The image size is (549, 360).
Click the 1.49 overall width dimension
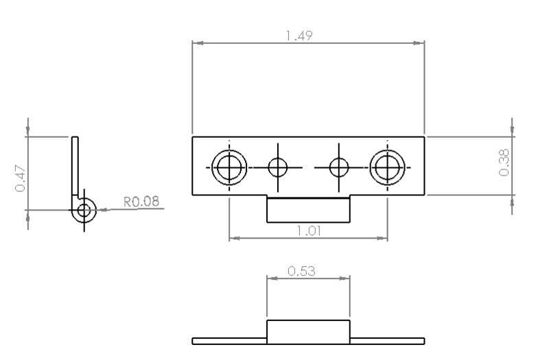(x=299, y=36)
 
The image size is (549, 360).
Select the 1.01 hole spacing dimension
(x=309, y=230)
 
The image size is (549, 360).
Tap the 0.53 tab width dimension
(x=301, y=271)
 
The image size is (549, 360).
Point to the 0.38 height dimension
(x=504, y=163)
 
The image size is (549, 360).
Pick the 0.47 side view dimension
(x=21, y=179)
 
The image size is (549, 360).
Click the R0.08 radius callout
(x=141, y=202)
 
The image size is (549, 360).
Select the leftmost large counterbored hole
(x=229, y=167)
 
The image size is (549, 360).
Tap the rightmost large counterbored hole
(x=387, y=167)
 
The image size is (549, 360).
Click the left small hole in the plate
(x=278, y=167)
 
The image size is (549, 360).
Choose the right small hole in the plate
(x=339, y=167)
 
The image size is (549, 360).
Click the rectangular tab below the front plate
(x=308, y=209)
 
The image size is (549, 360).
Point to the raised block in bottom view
(x=308, y=332)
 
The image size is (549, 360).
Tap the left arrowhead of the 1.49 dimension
(x=198, y=43)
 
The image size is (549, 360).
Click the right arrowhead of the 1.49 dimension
(x=419, y=43)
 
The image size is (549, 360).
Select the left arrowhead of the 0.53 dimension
(x=272, y=278)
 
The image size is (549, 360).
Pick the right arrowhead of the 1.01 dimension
(x=382, y=238)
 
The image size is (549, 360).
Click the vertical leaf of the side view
(x=75, y=166)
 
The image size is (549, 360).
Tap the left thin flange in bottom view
(x=229, y=341)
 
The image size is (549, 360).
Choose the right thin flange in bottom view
(x=387, y=341)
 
